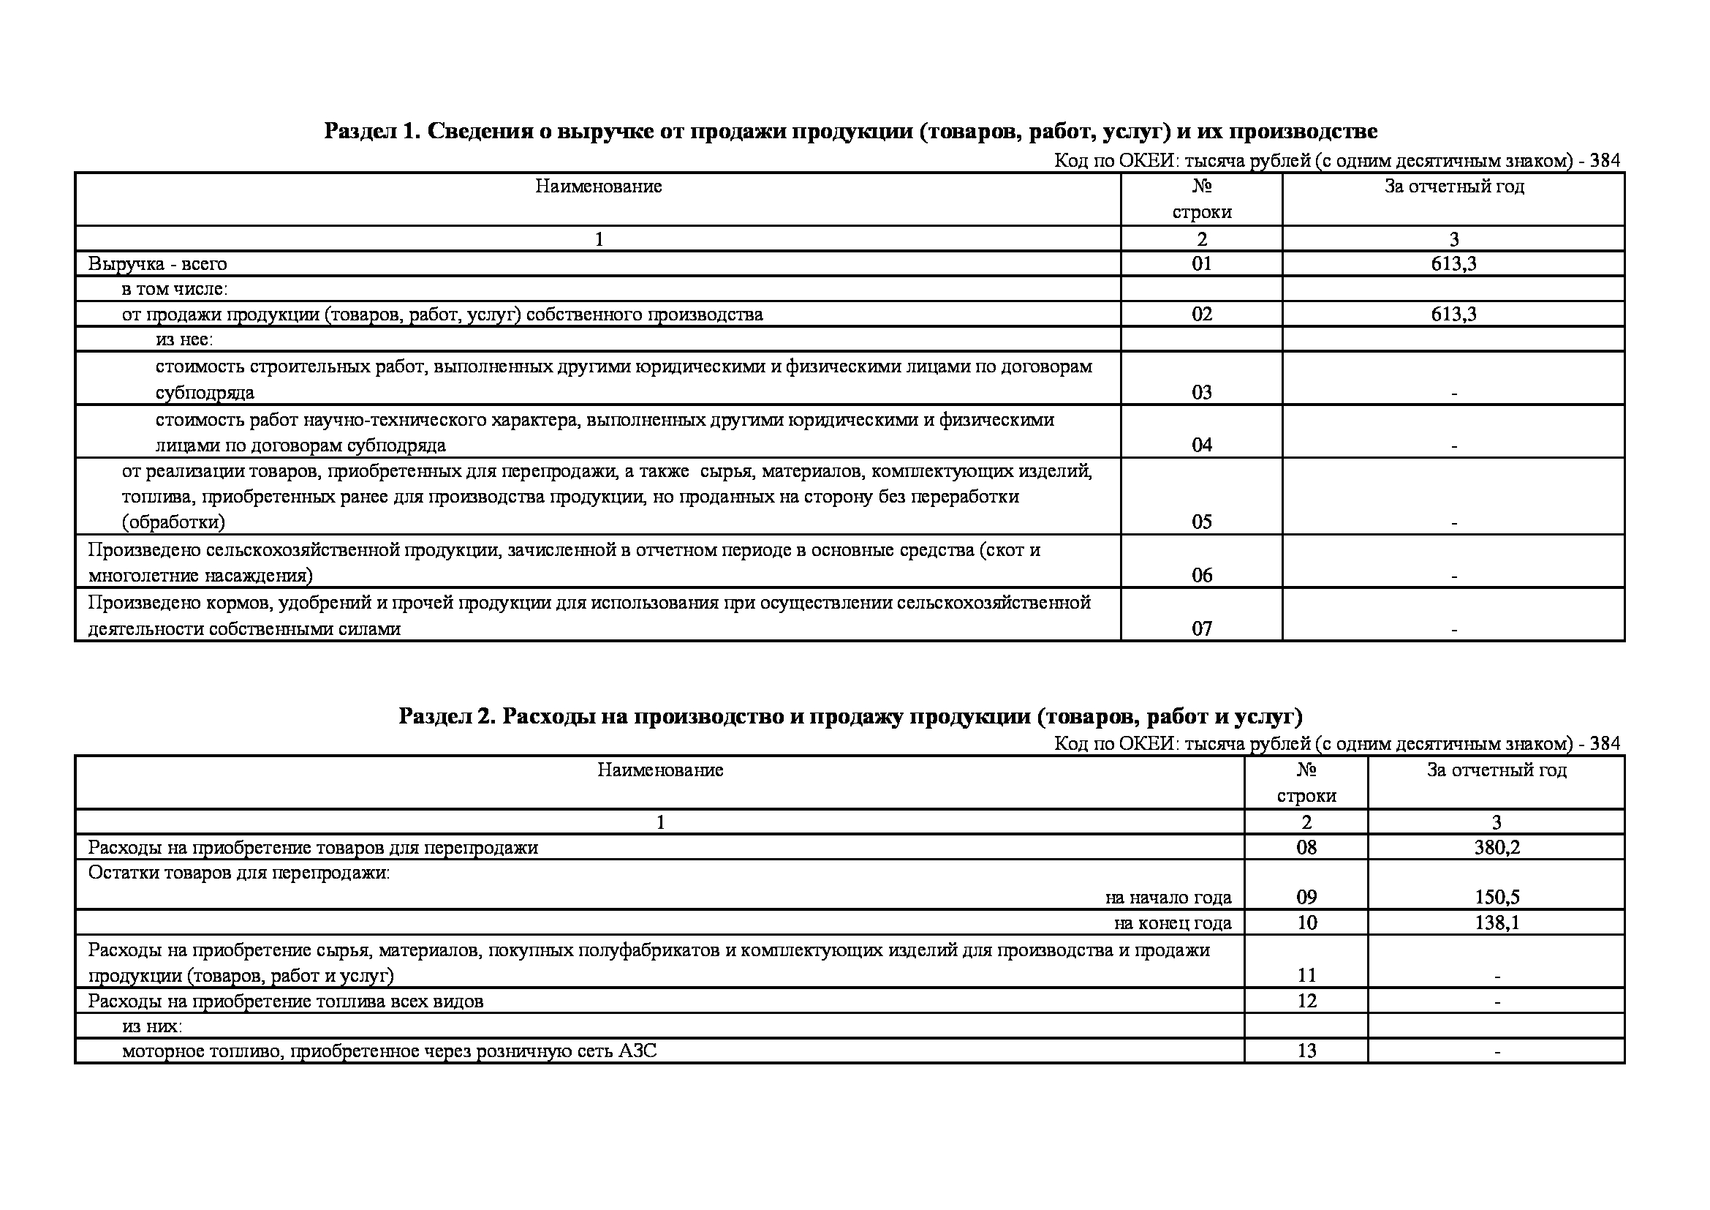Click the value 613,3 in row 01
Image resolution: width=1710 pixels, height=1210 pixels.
(1453, 264)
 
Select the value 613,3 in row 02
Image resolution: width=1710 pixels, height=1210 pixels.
(1453, 314)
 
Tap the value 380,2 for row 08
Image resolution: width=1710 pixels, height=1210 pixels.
(1497, 847)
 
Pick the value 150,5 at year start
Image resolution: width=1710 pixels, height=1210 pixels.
(1497, 897)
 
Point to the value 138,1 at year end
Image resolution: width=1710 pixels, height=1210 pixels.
(1497, 922)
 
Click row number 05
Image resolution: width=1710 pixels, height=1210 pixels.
(1201, 522)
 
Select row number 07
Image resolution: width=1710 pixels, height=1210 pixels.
(1201, 628)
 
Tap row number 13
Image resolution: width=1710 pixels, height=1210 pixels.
(1306, 1051)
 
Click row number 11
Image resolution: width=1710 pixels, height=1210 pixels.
(1306, 974)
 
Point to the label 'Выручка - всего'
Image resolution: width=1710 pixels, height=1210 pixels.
(157, 264)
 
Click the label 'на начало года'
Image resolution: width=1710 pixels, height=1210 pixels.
(1168, 898)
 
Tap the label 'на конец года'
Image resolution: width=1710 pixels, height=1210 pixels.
(1172, 923)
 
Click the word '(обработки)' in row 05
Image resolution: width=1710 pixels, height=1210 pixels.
(173, 522)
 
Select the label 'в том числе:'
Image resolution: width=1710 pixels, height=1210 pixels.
(174, 289)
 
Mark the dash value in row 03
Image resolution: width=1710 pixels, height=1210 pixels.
(1453, 394)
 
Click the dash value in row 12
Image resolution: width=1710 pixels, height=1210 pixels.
(1497, 1002)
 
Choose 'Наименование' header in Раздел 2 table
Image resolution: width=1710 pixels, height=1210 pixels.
(660, 770)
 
